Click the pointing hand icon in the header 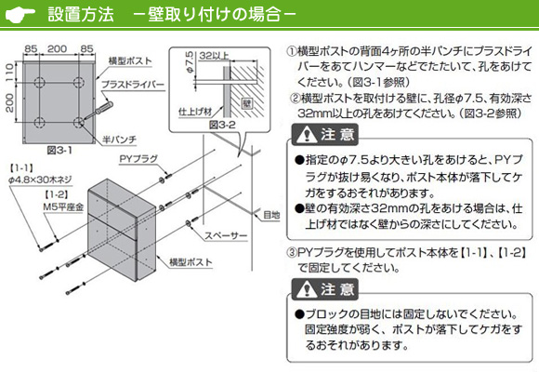[x=20, y=15]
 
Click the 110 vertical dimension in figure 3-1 [x=10, y=72]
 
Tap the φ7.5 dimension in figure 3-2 [x=190, y=62]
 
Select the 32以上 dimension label [x=214, y=56]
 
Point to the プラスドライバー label [x=133, y=85]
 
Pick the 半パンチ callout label [x=120, y=139]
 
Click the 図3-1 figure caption [x=59, y=151]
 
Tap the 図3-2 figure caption [x=222, y=125]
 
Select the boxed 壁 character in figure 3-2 [x=247, y=103]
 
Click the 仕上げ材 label [x=195, y=112]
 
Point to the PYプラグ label [x=138, y=159]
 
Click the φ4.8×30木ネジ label [x=40, y=179]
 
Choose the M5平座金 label [x=63, y=207]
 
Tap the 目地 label [x=271, y=215]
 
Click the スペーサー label [x=226, y=235]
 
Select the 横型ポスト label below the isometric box [x=191, y=262]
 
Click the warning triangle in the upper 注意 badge [x=307, y=135]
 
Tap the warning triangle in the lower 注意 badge [x=307, y=290]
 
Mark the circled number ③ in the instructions [x=292, y=253]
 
